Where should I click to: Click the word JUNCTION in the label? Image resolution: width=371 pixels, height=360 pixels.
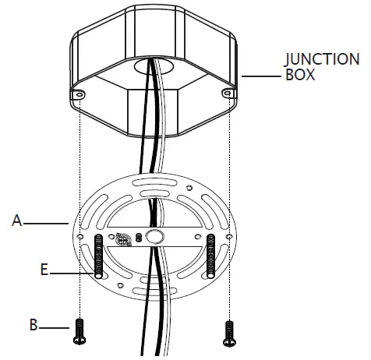pos(322,59)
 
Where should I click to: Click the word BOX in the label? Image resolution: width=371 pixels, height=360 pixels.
pos(300,75)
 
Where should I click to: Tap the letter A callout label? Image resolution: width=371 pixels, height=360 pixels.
pos(17,221)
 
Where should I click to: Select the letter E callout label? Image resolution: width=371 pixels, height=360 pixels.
pos(44,270)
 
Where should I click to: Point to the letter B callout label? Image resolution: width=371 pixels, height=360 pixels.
pos(34,325)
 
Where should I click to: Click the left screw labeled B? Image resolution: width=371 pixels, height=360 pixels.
pos(79,332)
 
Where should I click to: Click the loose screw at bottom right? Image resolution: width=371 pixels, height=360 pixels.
pos(229,334)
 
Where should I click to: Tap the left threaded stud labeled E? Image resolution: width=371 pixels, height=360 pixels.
pos(98,256)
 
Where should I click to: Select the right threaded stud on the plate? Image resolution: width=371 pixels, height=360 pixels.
pos(210,256)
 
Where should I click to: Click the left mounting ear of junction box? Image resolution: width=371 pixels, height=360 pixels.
pos(77,94)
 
